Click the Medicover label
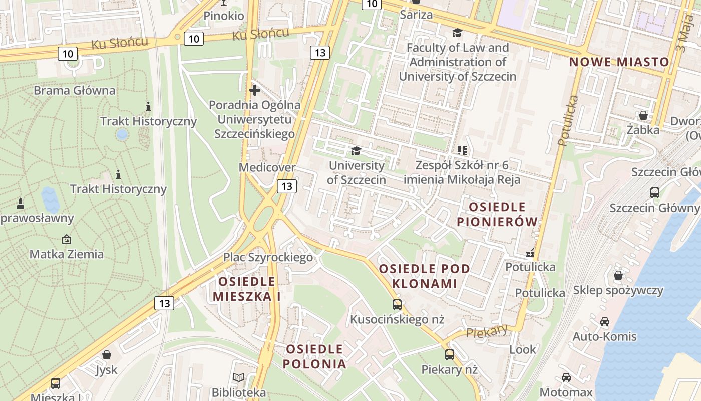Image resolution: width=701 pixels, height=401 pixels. coord(267,167)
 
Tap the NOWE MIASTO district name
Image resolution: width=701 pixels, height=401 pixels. coord(619,62)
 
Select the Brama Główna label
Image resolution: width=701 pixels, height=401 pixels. coord(74,91)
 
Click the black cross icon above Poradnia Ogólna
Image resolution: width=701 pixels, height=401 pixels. coord(255,91)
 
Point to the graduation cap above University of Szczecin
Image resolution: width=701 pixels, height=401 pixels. coord(356,151)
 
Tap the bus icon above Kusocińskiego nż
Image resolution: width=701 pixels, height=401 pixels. coord(397,304)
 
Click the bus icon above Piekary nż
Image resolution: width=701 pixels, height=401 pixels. coord(450,355)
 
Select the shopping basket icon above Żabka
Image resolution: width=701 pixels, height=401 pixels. coord(643,115)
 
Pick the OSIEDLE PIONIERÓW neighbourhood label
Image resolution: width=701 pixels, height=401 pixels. coord(497,214)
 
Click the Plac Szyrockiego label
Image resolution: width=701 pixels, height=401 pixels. coord(268,258)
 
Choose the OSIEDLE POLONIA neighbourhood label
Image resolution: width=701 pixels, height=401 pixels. coord(314,356)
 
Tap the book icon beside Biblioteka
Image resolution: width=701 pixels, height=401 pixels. coord(239,377)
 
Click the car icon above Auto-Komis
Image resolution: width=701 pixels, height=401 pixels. coord(605,322)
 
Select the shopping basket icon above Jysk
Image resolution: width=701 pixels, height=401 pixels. coord(106,355)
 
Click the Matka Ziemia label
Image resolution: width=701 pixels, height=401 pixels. coord(67,254)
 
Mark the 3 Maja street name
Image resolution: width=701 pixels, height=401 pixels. coord(682,34)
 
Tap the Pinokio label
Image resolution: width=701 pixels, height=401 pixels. coord(224,16)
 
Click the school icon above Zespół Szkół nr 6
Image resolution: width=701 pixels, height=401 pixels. coord(462,150)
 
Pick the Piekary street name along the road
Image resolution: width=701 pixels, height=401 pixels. coord(487,331)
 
